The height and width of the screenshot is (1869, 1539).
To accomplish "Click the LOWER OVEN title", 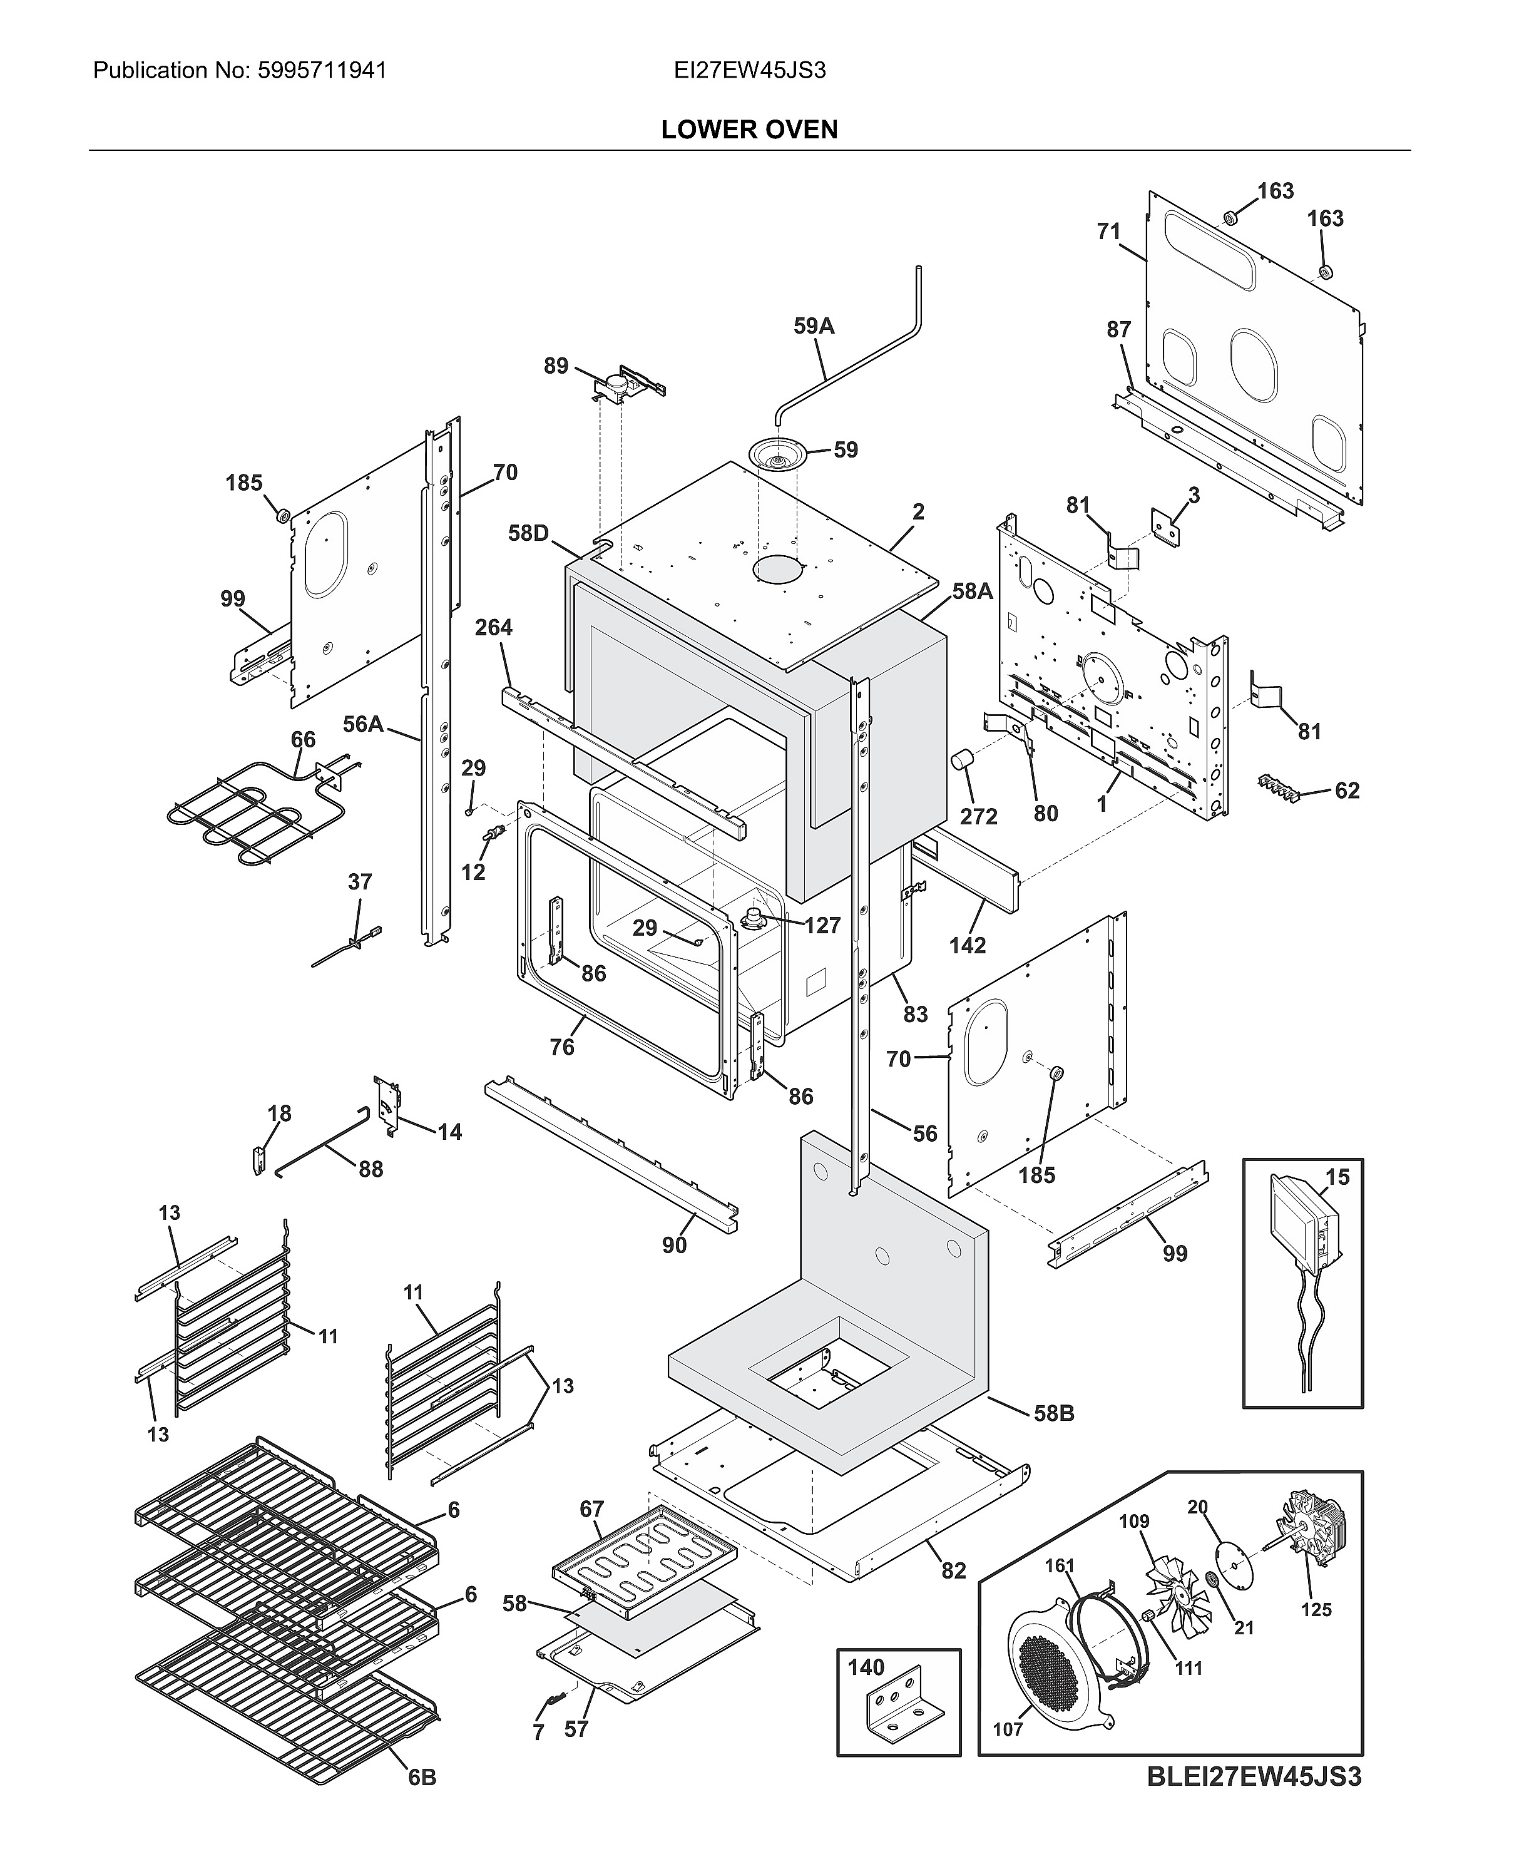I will (749, 130).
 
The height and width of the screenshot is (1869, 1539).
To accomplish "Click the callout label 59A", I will (813, 326).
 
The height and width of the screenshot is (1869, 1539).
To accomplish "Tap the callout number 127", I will (822, 926).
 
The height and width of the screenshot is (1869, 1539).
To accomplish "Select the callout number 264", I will (493, 628).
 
